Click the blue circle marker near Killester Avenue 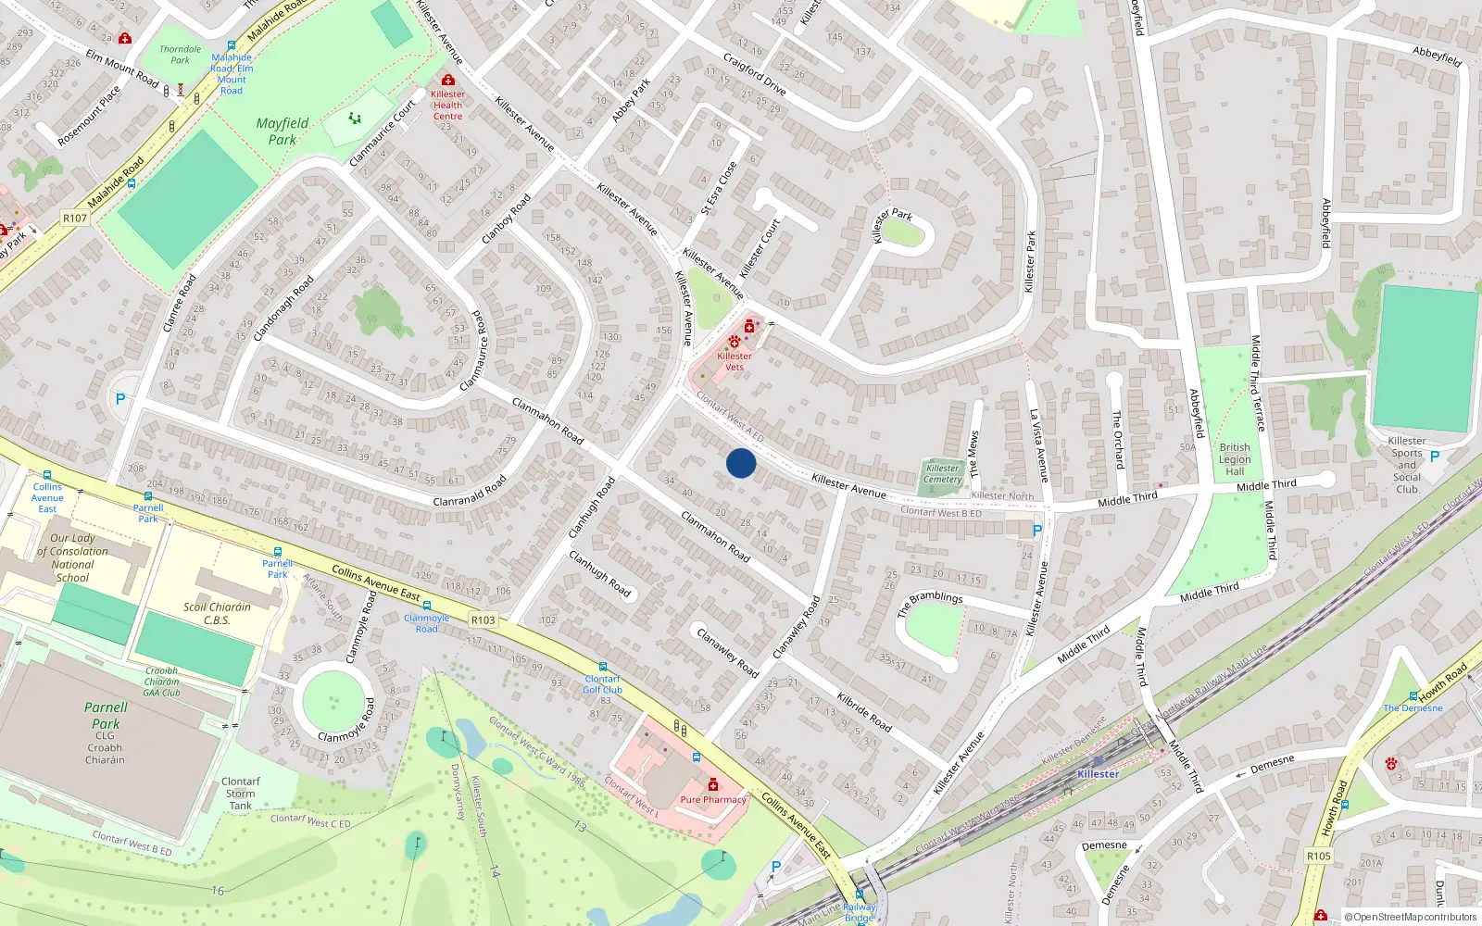coord(741,463)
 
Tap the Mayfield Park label coord(283,131)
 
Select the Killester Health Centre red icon coord(448,81)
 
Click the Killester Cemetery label coord(943,473)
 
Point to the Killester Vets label coord(735,361)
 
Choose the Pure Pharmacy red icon coord(712,785)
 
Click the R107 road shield coord(75,219)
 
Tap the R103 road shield coord(483,619)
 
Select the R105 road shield coord(1319,856)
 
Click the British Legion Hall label coord(1235,459)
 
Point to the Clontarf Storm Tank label coord(241,794)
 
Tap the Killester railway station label coord(1099,774)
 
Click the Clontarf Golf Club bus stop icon coord(603,667)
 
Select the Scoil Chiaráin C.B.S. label coord(217,613)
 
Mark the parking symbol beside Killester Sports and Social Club coord(1435,457)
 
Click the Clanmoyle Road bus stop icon coord(427,607)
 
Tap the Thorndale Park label coord(180,55)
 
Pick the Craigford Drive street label coord(754,74)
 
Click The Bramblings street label coord(930,603)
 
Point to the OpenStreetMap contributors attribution coord(1411,917)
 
